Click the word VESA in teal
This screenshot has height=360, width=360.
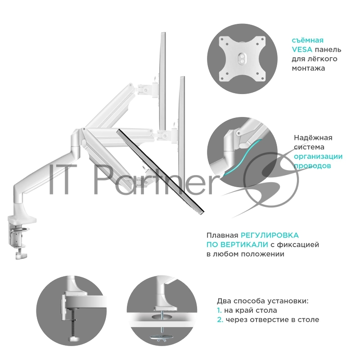302,49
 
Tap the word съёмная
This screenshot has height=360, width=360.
308,40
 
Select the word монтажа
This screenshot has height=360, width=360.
308,68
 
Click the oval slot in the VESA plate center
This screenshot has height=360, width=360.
242,58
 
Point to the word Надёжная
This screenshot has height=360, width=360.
313,138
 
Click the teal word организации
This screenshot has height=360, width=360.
318,157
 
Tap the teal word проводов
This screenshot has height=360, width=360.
312,166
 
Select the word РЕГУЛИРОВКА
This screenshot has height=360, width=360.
270,235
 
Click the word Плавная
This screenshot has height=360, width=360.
222,235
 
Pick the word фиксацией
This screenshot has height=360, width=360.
298,245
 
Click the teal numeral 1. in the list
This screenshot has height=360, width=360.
219,310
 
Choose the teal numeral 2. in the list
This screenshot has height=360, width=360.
220,320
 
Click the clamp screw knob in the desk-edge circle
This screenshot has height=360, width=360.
73,339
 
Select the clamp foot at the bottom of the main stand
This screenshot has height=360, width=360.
21,255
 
